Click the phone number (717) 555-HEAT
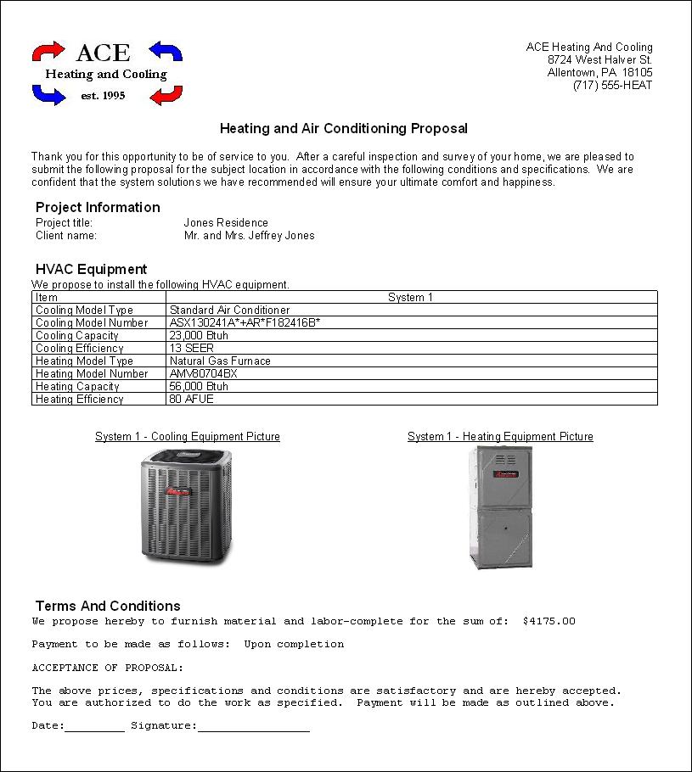pyautogui.click(x=612, y=86)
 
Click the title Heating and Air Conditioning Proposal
pyautogui.click(x=344, y=129)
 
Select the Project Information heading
pyautogui.click(x=98, y=207)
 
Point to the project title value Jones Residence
pyautogui.click(x=226, y=223)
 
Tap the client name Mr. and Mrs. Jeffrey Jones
pyautogui.click(x=249, y=236)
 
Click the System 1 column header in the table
pyautogui.click(x=410, y=298)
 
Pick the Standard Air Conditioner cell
pyautogui.click(x=229, y=310)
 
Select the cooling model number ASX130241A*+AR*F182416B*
pyautogui.click(x=245, y=323)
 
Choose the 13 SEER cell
pyautogui.click(x=192, y=349)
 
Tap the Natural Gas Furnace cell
pyautogui.click(x=220, y=361)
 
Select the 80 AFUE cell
pyautogui.click(x=192, y=400)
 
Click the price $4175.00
pyautogui.click(x=549, y=622)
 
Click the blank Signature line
pyautogui.click(x=253, y=727)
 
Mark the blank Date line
pyautogui.click(x=94, y=727)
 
